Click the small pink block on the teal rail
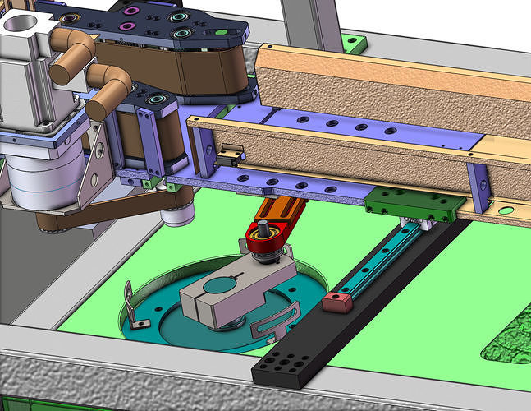click(334, 301)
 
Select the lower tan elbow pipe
click(106, 93)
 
